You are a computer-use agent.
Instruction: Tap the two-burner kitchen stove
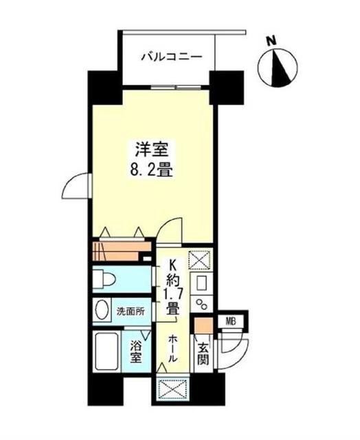click(x=203, y=305)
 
